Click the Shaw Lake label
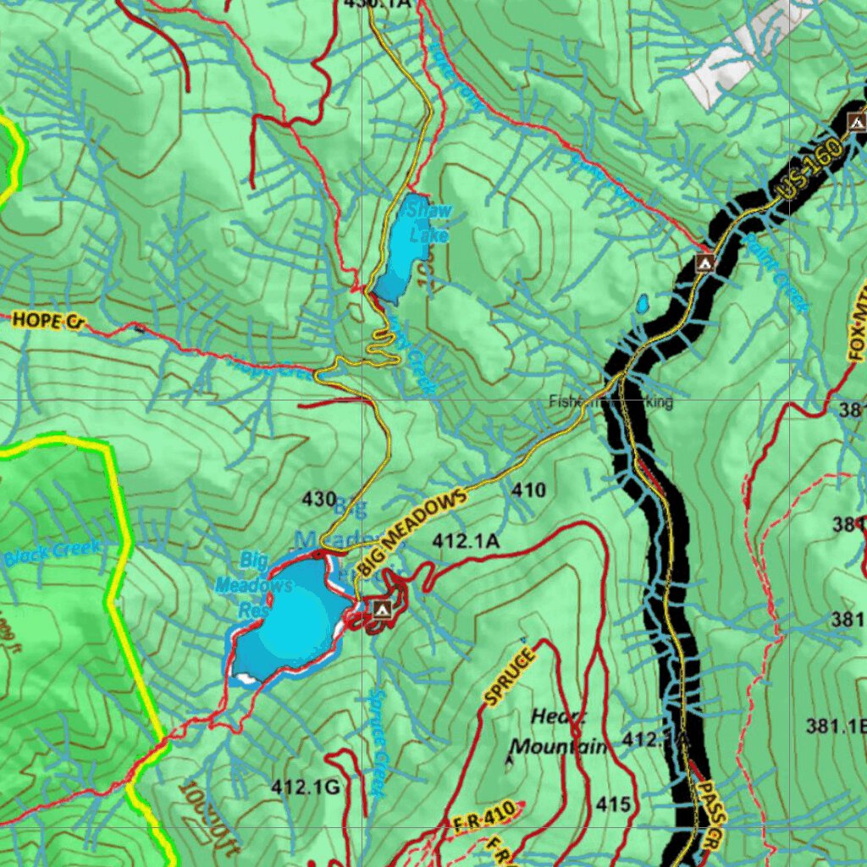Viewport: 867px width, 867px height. (x=428, y=222)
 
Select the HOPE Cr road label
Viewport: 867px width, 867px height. (x=49, y=320)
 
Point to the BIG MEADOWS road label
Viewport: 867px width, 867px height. (x=412, y=533)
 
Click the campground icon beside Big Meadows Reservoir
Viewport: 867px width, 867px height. (x=381, y=608)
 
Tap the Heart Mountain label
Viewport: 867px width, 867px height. (x=559, y=732)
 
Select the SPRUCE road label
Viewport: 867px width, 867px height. (x=510, y=676)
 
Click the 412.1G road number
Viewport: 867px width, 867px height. (x=305, y=787)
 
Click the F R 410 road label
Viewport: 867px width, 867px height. (x=483, y=817)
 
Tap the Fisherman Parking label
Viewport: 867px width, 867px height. (x=610, y=402)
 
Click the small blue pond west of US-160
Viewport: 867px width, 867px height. (x=643, y=302)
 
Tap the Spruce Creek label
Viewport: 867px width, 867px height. (x=378, y=742)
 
